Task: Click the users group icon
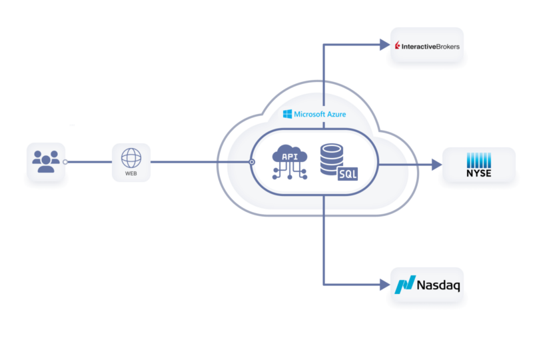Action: click(x=45, y=161)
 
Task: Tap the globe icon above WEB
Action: click(x=131, y=157)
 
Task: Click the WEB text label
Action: click(x=131, y=174)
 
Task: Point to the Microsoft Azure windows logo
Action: click(x=287, y=114)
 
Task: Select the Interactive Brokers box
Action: click(x=426, y=45)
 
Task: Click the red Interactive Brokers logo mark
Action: click(x=397, y=46)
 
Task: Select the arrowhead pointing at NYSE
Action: click(x=436, y=163)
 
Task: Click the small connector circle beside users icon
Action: click(x=65, y=162)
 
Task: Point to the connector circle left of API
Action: click(x=252, y=162)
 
